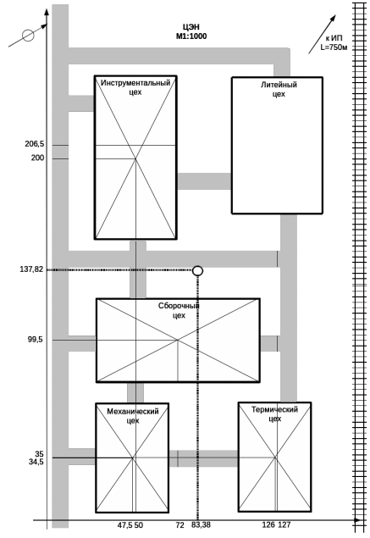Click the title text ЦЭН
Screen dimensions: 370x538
tap(191, 27)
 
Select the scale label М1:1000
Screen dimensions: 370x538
tap(191, 36)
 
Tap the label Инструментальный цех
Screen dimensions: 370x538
tap(135, 87)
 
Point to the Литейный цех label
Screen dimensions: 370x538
tap(279, 89)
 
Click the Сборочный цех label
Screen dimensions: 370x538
tap(179, 311)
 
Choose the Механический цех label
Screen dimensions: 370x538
tap(133, 416)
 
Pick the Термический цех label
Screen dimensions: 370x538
tap(274, 413)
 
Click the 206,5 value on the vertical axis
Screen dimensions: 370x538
tap(35, 144)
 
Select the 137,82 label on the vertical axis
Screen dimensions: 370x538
tap(31, 269)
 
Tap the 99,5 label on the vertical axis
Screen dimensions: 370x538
tap(36, 340)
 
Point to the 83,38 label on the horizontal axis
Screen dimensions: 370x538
tap(201, 525)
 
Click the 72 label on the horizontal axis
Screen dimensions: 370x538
tap(179, 525)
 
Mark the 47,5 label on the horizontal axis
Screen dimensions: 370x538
tap(124, 525)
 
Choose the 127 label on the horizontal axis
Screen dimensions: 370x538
tap(284, 524)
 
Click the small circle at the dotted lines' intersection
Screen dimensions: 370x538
tap(197, 271)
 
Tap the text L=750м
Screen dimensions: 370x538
tap(334, 47)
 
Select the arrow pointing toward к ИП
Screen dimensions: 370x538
tap(323, 34)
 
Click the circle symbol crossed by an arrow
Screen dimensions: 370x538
tap(28, 36)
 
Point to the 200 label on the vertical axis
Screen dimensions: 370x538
tap(38, 158)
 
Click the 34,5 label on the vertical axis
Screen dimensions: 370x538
tap(36, 462)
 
